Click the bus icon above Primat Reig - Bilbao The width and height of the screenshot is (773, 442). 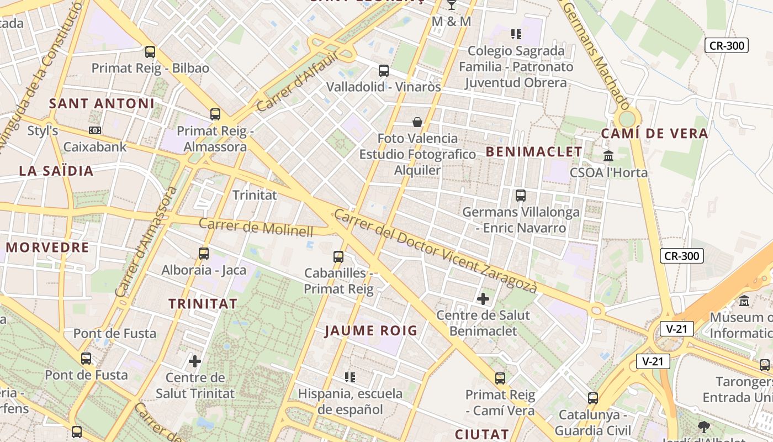(x=150, y=52)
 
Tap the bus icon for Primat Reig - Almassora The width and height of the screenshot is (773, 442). (x=215, y=114)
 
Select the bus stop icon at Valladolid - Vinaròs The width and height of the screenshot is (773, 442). (x=384, y=71)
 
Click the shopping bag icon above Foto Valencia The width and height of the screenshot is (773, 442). (x=417, y=122)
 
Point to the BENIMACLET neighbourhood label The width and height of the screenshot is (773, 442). (x=534, y=151)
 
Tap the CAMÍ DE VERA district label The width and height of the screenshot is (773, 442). (x=654, y=133)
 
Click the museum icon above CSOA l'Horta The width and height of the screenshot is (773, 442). (x=608, y=156)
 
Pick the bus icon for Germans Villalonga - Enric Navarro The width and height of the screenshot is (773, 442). (x=520, y=195)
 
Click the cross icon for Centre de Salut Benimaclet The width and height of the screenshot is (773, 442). (x=483, y=299)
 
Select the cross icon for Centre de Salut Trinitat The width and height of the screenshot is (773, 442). (x=195, y=361)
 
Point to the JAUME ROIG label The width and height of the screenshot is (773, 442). (x=370, y=331)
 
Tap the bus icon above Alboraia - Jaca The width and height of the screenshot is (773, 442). (x=204, y=254)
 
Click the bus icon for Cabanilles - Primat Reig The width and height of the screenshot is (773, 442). (x=338, y=256)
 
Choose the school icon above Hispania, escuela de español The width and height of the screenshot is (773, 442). (x=350, y=377)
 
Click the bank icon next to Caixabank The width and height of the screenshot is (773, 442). (x=95, y=130)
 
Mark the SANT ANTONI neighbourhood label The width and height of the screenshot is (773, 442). (x=102, y=103)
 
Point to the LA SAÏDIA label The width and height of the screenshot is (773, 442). (x=56, y=171)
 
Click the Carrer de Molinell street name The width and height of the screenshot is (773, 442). (x=256, y=227)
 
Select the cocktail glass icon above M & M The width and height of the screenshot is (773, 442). (x=452, y=5)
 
